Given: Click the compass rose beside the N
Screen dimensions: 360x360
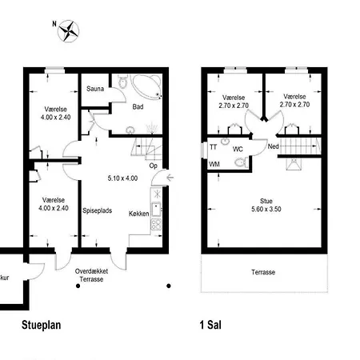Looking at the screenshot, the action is (x=69, y=31).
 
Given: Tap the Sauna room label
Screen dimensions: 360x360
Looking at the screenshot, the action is (x=95, y=89).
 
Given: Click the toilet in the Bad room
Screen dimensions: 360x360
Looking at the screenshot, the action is (x=123, y=82).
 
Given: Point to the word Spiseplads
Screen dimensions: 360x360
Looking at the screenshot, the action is (x=98, y=210).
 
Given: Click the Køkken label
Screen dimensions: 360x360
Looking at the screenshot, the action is (x=139, y=214).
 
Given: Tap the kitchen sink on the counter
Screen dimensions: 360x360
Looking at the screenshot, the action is (x=156, y=209).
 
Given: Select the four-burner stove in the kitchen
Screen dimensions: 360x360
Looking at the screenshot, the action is (x=156, y=224).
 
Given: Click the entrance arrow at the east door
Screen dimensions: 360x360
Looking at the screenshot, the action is (x=170, y=178).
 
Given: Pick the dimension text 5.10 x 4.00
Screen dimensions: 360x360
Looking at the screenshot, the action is (x=122, y=178).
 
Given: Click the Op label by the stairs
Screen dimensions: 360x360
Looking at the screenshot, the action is (x=153, y=166).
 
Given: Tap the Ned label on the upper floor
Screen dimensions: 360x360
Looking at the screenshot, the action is (x=274, y=146).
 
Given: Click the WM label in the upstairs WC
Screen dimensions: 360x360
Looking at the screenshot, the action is (x=214, y=164).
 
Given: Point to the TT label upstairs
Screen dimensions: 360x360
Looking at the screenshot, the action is (x=214, y=147).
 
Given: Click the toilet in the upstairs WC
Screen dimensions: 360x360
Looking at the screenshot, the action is (x=242, y=162).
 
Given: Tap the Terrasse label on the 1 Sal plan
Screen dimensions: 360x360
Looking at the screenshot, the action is (x=263, y=272).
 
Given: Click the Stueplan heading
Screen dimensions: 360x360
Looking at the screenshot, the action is (x=42, y=325).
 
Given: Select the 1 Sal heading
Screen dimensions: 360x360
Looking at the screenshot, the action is (x=210, y=325).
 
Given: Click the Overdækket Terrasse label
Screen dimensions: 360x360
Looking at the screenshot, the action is (x=91, y=275).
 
